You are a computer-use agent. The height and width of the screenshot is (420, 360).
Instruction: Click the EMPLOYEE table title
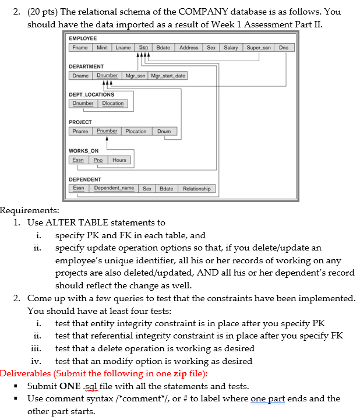point(83,38)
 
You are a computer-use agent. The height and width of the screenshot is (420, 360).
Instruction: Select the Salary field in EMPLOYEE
point(231,47)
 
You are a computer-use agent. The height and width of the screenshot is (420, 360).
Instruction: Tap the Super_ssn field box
point(259,47)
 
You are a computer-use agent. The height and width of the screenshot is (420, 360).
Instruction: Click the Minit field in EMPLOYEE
point(102,47)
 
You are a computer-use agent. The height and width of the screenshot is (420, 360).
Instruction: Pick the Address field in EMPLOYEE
point(189,47)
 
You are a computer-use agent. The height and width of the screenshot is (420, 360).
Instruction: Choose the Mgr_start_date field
point(168,76)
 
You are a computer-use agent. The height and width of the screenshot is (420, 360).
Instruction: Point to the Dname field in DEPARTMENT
point(80,76)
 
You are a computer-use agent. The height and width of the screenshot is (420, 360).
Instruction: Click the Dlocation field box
point(113,104)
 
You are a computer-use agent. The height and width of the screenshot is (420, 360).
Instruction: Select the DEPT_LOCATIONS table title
point(91,94)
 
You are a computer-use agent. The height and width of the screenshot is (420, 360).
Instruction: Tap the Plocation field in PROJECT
point(136,132)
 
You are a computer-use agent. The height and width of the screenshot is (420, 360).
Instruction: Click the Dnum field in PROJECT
point(164,132)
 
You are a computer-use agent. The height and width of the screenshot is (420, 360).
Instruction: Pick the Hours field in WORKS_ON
point(119,160)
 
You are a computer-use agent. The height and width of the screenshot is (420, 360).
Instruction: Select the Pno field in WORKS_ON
point(98,160)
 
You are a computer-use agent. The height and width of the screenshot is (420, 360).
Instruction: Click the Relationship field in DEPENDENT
point(196,189)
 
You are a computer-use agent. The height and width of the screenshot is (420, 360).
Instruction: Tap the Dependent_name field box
point(114,189)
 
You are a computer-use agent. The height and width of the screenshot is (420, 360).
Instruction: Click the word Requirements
point(29,210)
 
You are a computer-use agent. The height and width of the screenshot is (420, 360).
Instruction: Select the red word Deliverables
point(27,373)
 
